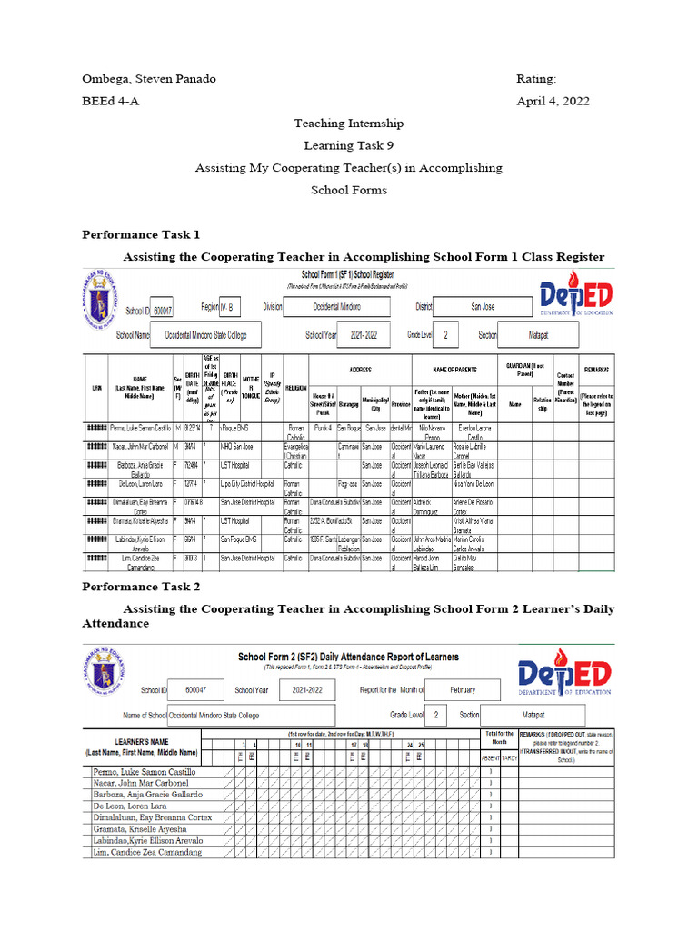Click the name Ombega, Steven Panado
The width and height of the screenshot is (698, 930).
149,79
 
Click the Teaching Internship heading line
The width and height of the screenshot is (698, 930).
349,123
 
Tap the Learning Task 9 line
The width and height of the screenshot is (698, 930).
349,145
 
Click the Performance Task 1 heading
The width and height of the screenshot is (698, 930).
141,235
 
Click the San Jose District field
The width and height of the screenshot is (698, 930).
483,308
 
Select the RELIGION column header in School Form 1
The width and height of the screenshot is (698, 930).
295,387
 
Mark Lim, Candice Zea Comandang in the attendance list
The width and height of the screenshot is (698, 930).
148,852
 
